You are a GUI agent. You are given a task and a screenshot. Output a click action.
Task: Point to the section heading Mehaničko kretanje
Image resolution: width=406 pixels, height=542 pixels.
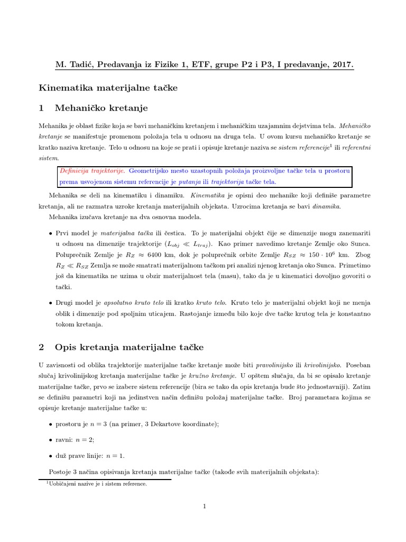click(x=101, y=108)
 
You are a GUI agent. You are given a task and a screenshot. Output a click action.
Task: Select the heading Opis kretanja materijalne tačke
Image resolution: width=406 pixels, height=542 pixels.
click(x=129, y=347)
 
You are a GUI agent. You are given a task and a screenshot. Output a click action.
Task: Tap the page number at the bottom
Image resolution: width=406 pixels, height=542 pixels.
click(x=203, y=507)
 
